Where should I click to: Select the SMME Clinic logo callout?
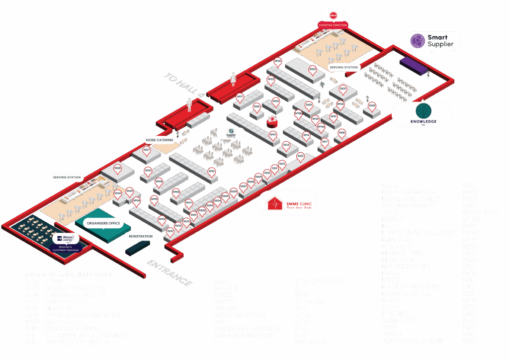click(287, 203)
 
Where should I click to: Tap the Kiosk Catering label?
click(160, 140)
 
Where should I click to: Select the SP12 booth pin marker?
click(212, 172)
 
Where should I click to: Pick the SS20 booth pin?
click(372, 106)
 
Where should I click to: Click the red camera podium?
click(272, 120)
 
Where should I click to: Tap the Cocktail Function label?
click(333, 25)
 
